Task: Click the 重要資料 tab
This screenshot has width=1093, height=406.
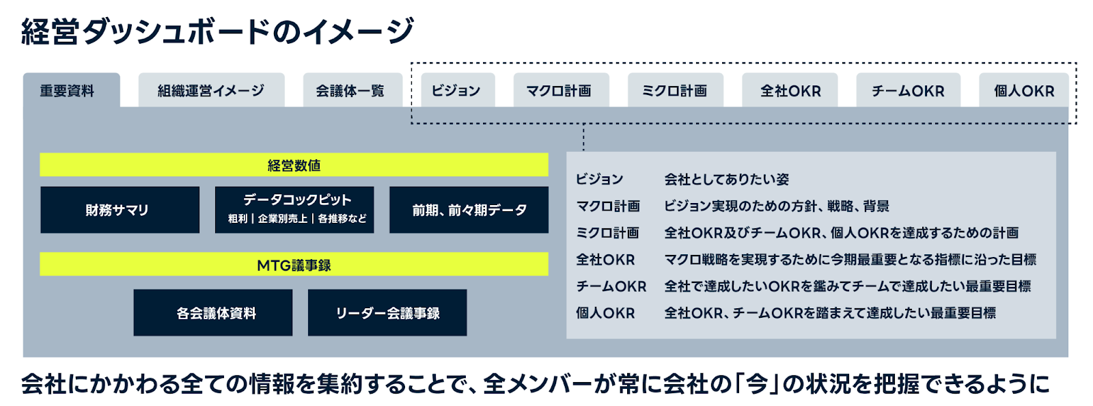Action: [x=71, y=90]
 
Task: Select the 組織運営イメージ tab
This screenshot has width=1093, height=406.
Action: [x=211, y=90]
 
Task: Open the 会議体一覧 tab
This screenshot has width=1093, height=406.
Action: [x=352, y=90]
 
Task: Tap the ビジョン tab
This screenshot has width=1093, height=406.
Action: [x=458, y=90]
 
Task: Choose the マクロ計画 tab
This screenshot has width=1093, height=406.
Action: [x=561, y=90]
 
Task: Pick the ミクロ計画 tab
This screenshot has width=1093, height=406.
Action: [x=676, y=90]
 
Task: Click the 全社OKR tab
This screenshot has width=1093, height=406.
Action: [x=790, y=90]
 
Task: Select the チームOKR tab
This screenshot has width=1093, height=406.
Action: [x=908, y=90]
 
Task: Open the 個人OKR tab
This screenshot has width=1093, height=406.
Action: [x=1024, y=90]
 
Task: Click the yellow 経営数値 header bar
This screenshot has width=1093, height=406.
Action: [x=294, y=165]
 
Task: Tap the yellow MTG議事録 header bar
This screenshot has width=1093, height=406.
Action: [x=294, y=265]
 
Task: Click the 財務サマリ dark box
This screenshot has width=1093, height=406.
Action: [x=120, y=210]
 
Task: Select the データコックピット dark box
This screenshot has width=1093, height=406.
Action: [x=294, y=210]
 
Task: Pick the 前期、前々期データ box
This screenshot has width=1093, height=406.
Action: [x=469, y=210]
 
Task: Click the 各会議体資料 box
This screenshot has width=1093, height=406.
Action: [x=212, y=313]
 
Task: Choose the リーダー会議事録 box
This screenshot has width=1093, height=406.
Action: [x=387, y=313]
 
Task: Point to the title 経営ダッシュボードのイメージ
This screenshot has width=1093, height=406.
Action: [x=218, y=31]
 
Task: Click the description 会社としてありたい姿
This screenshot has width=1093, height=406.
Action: [x=727, y=180]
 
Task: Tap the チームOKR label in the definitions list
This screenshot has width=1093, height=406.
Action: [x=611, y=286]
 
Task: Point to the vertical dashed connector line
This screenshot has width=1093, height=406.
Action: [x=583, y=137]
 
